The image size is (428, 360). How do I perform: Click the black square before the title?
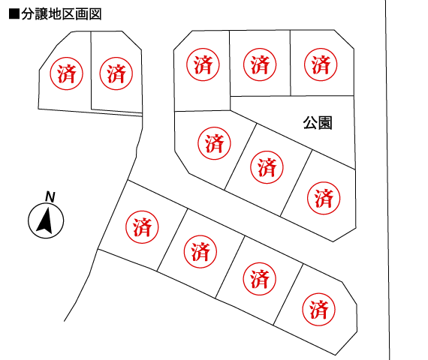click(x=14, y=14)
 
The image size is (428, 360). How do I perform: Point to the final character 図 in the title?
click(x=95, y=14)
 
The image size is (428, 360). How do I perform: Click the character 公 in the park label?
click(x=310, y=123)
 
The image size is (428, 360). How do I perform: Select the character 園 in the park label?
click(x=325, y=123)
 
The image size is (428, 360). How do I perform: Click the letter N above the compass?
click(x=50, y=196)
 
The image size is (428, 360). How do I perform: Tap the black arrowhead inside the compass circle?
click(x=45, y=220)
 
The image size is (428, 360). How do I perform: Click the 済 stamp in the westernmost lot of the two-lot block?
click(x=66, y=73)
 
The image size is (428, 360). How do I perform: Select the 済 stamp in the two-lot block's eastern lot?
click(x=116, y=73)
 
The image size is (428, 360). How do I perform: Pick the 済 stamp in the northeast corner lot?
click(x=321, y=64)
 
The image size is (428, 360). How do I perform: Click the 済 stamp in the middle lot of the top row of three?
click(x=260, y=64)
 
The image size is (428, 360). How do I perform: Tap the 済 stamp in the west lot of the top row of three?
click(x=203, y=64)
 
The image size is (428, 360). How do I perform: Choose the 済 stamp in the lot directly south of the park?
click(x=324, y=198)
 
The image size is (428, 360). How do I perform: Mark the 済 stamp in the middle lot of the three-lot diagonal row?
click(x=267, y=167)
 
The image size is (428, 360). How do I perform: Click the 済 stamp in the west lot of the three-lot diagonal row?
click(x=214, y=143)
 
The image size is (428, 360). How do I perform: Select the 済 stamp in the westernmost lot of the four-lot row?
click(x=142, y=227)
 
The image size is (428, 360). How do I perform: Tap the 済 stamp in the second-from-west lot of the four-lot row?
click(x=200, y=252)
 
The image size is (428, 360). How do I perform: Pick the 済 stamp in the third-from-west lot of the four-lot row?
click(x=259, y=279)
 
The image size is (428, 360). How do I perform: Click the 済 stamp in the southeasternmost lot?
click(x=318, y=310)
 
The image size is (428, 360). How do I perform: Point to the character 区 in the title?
click(x=68, y=14)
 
